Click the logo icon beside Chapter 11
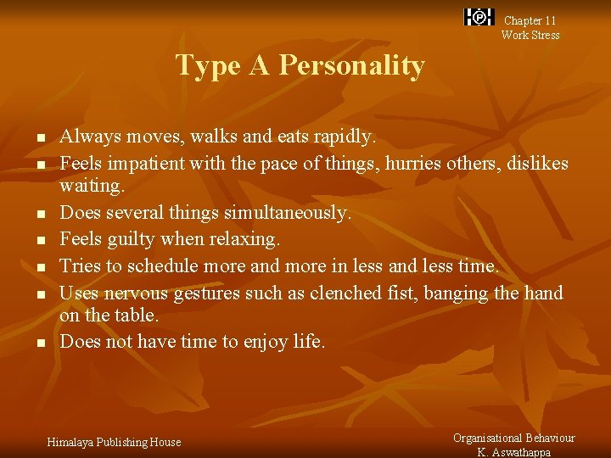[479, 17]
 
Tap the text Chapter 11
[530, 20]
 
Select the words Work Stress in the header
[530, 35]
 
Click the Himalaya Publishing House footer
[114, 442]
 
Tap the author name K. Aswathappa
[513, 452]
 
